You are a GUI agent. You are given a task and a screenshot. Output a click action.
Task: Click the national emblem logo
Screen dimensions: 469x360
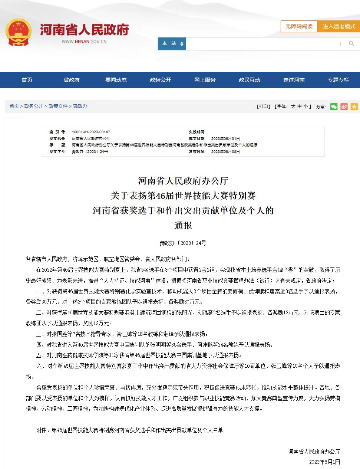coord(18,33)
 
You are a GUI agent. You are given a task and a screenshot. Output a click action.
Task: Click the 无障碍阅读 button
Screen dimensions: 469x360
coord(299,26)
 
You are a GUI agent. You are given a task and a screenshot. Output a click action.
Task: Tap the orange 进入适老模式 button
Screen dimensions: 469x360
coord(338,26)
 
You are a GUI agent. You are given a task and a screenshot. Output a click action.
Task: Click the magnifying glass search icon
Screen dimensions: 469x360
coord(351,44)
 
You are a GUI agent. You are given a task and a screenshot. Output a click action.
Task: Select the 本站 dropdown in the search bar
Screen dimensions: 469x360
coord(172,44)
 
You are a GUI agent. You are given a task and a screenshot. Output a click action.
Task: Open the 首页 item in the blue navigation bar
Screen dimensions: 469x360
coord(27,80)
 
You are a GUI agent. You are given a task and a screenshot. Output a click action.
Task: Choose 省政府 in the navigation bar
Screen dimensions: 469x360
coord(72,80)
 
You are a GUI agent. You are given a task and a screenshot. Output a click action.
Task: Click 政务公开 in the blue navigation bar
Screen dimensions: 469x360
coord(161,80)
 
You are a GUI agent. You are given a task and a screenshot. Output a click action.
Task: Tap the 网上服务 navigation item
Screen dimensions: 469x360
coord(205,80)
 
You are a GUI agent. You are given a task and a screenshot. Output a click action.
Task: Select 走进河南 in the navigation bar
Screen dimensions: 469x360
coord(294,80)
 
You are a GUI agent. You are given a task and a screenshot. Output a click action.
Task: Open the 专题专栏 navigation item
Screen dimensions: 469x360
coord(338,80)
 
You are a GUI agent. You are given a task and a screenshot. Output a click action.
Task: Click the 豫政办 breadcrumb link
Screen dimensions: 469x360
coord(80,106)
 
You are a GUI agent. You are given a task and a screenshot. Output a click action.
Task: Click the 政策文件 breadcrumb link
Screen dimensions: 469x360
coord(58,106)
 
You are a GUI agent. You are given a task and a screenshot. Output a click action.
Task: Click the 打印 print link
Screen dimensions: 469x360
coord(264,106)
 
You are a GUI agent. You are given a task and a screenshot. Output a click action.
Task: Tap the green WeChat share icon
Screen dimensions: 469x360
coord(334,107)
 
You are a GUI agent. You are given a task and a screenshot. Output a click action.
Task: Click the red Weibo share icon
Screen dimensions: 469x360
coord(344,107)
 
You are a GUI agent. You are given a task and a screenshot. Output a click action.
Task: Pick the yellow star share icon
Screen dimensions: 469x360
coord(354,107)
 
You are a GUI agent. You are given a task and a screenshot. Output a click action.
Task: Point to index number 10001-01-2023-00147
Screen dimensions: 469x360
coord(91,132)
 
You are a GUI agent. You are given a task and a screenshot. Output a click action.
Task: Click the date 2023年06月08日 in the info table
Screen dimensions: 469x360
coord(225,152)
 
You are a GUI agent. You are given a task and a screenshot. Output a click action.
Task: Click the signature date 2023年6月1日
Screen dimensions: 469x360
coord(324,462)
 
